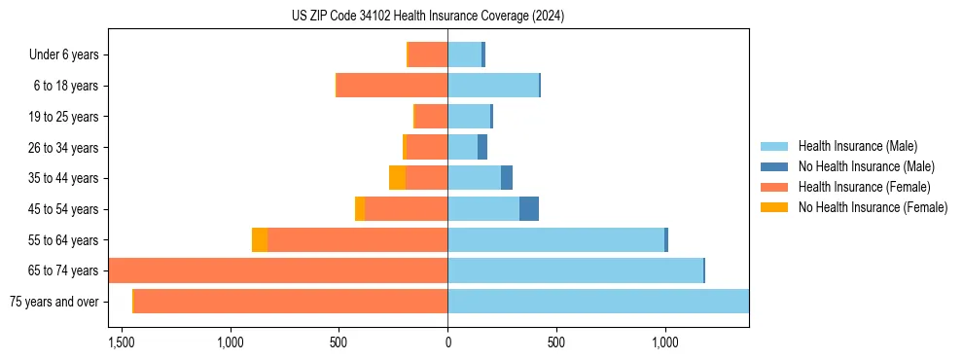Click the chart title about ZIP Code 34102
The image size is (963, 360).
428,16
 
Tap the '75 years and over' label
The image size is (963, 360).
53,302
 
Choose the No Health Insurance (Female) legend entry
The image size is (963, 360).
873,207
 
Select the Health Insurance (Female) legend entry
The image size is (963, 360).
864,187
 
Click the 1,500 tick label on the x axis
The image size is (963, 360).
122,342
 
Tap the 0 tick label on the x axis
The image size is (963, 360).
447,342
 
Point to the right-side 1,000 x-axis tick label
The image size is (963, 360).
665,342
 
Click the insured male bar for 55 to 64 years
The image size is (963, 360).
555,240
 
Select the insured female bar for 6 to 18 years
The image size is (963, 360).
392,86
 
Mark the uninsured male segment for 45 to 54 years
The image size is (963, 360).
529,209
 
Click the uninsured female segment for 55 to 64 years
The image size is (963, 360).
260,240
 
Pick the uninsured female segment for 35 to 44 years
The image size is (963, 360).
398,178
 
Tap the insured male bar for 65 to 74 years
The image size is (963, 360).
575,270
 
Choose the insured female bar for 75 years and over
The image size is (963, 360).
291,302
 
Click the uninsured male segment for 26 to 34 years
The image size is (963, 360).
482,148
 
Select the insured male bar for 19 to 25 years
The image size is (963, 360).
469,117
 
